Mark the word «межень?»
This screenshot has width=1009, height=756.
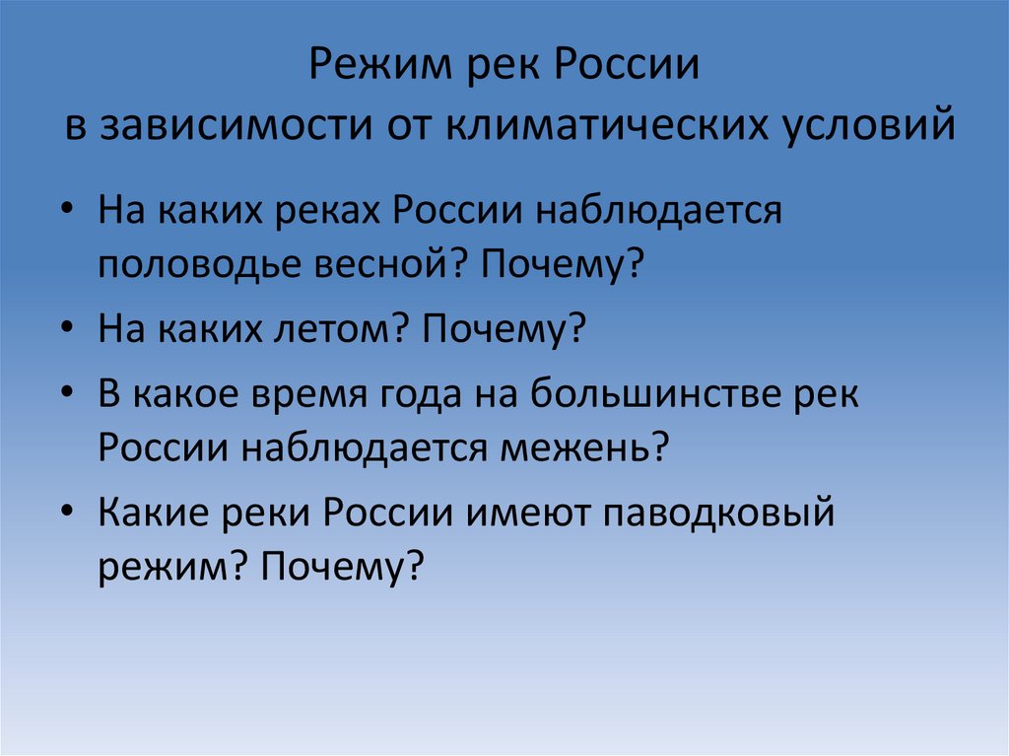tap(588, 449)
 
